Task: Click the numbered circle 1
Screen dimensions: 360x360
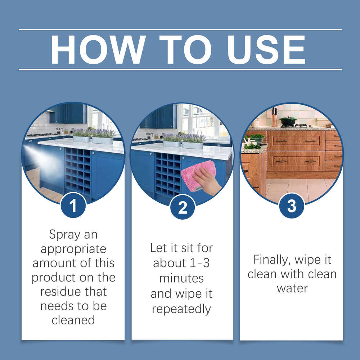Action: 73,206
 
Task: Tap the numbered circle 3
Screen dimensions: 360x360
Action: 292,206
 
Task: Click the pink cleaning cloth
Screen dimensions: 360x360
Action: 196,173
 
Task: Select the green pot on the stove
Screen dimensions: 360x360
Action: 288,121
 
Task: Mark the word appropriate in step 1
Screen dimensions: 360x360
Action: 73,249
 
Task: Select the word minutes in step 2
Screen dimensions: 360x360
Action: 181,278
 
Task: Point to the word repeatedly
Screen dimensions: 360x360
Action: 181,309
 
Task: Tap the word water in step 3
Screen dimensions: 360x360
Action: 292,288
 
